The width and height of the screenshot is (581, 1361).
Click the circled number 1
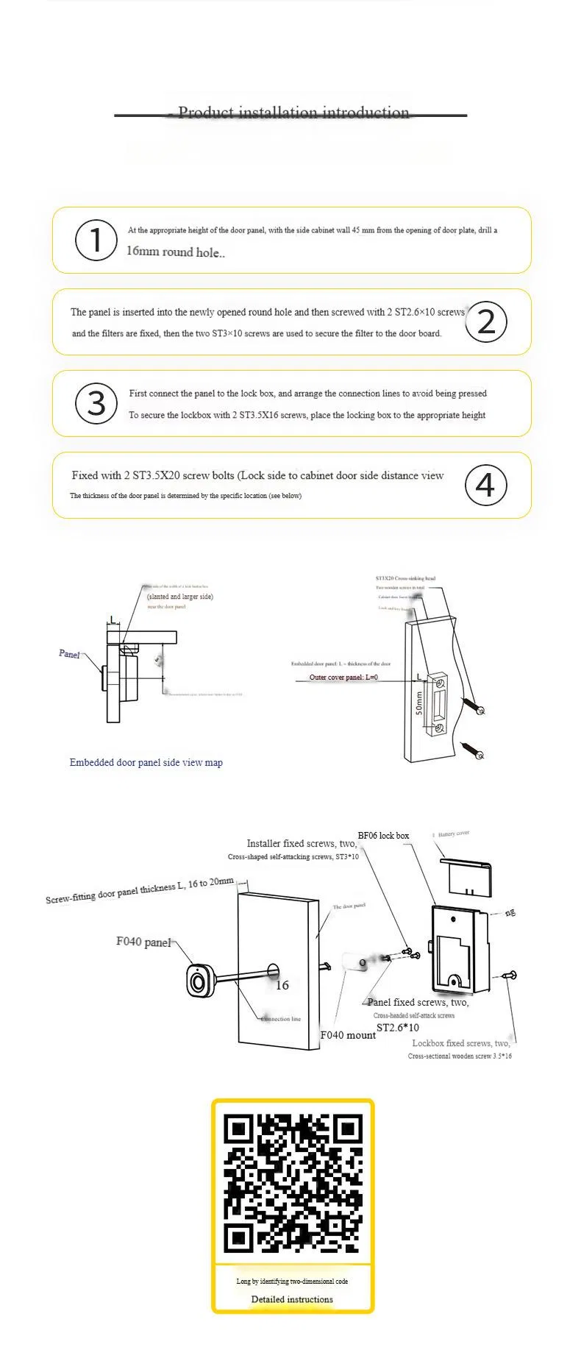coord(96,240)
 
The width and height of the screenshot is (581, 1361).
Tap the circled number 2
coord(486,321)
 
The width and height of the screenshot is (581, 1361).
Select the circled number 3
coord(96,403)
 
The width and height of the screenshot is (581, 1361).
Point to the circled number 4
coord(486,485)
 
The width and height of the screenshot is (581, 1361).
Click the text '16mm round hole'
coord(175,252)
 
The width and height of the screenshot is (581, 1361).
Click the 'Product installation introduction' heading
coord(293,113)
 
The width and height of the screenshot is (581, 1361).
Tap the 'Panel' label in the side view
coord(69,653)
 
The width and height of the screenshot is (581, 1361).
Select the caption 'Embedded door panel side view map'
coord(146,762)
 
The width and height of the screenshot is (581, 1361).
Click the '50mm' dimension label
coord(419,703)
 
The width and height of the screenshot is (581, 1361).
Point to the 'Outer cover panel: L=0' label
coord(343,677)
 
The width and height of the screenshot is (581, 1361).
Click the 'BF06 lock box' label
coord(383,836)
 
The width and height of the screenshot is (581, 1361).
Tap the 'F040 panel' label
coord(143,942)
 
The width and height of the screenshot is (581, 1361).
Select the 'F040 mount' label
coord(348,1034)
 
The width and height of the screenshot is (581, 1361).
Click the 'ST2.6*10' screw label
coord(397,1027)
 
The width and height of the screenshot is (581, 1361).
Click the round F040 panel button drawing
coord(199,980)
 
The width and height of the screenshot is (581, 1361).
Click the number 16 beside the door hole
coord(282,985)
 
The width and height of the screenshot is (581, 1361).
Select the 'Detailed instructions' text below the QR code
coord(292,1298)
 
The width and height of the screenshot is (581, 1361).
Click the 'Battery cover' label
coord(453,834)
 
